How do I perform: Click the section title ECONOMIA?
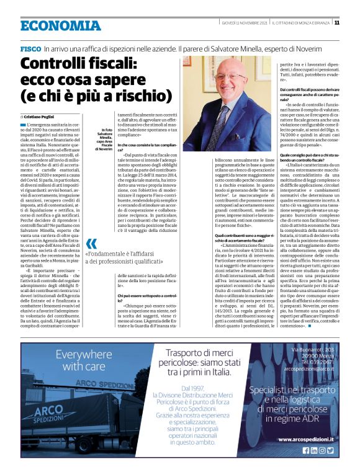60,25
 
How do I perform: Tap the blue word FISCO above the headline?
30,48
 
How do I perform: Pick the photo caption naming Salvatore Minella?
105,140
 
